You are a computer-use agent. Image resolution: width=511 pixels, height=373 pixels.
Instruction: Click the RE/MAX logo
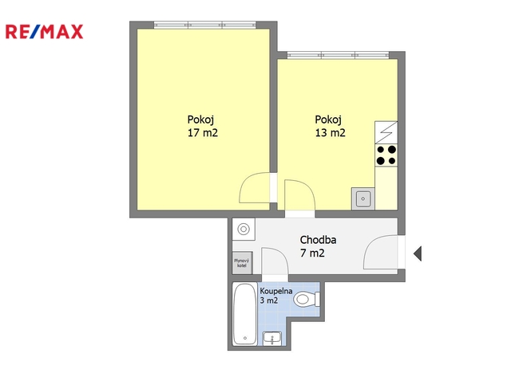(x=45, y=32)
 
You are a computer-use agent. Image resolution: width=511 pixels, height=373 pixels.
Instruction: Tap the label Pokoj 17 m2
(x=202, y=126)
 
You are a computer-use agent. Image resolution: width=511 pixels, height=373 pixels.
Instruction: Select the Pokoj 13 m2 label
(x=330, y=126)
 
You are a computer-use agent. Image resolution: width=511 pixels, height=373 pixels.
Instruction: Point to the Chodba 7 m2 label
(x=318, y=246)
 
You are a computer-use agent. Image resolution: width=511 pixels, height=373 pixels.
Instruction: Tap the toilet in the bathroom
(x=307, y=299)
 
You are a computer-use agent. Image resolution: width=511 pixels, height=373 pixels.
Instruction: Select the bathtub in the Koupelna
(x=245, y=315)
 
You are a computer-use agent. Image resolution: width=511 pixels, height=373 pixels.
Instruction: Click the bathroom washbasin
(x=272, y=339)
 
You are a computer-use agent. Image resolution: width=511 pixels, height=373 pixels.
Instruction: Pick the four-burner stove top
(x=386, y=155)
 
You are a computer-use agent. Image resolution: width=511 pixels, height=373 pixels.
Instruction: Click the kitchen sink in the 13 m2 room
(x=362, y=198)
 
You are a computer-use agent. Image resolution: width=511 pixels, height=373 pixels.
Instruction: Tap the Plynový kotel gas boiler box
(x=242, y=263)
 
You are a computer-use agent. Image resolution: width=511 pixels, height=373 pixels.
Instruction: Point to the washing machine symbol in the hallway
(x=244, y=230)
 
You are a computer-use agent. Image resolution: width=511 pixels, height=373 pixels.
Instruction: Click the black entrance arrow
(x=418, y=253)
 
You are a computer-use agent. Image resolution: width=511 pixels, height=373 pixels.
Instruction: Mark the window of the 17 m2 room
(x=205, y=25)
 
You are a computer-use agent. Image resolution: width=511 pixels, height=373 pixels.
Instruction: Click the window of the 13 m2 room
(x=338, y=55)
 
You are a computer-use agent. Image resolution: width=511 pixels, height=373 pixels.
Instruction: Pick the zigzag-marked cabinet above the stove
(x=386, y=132)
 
